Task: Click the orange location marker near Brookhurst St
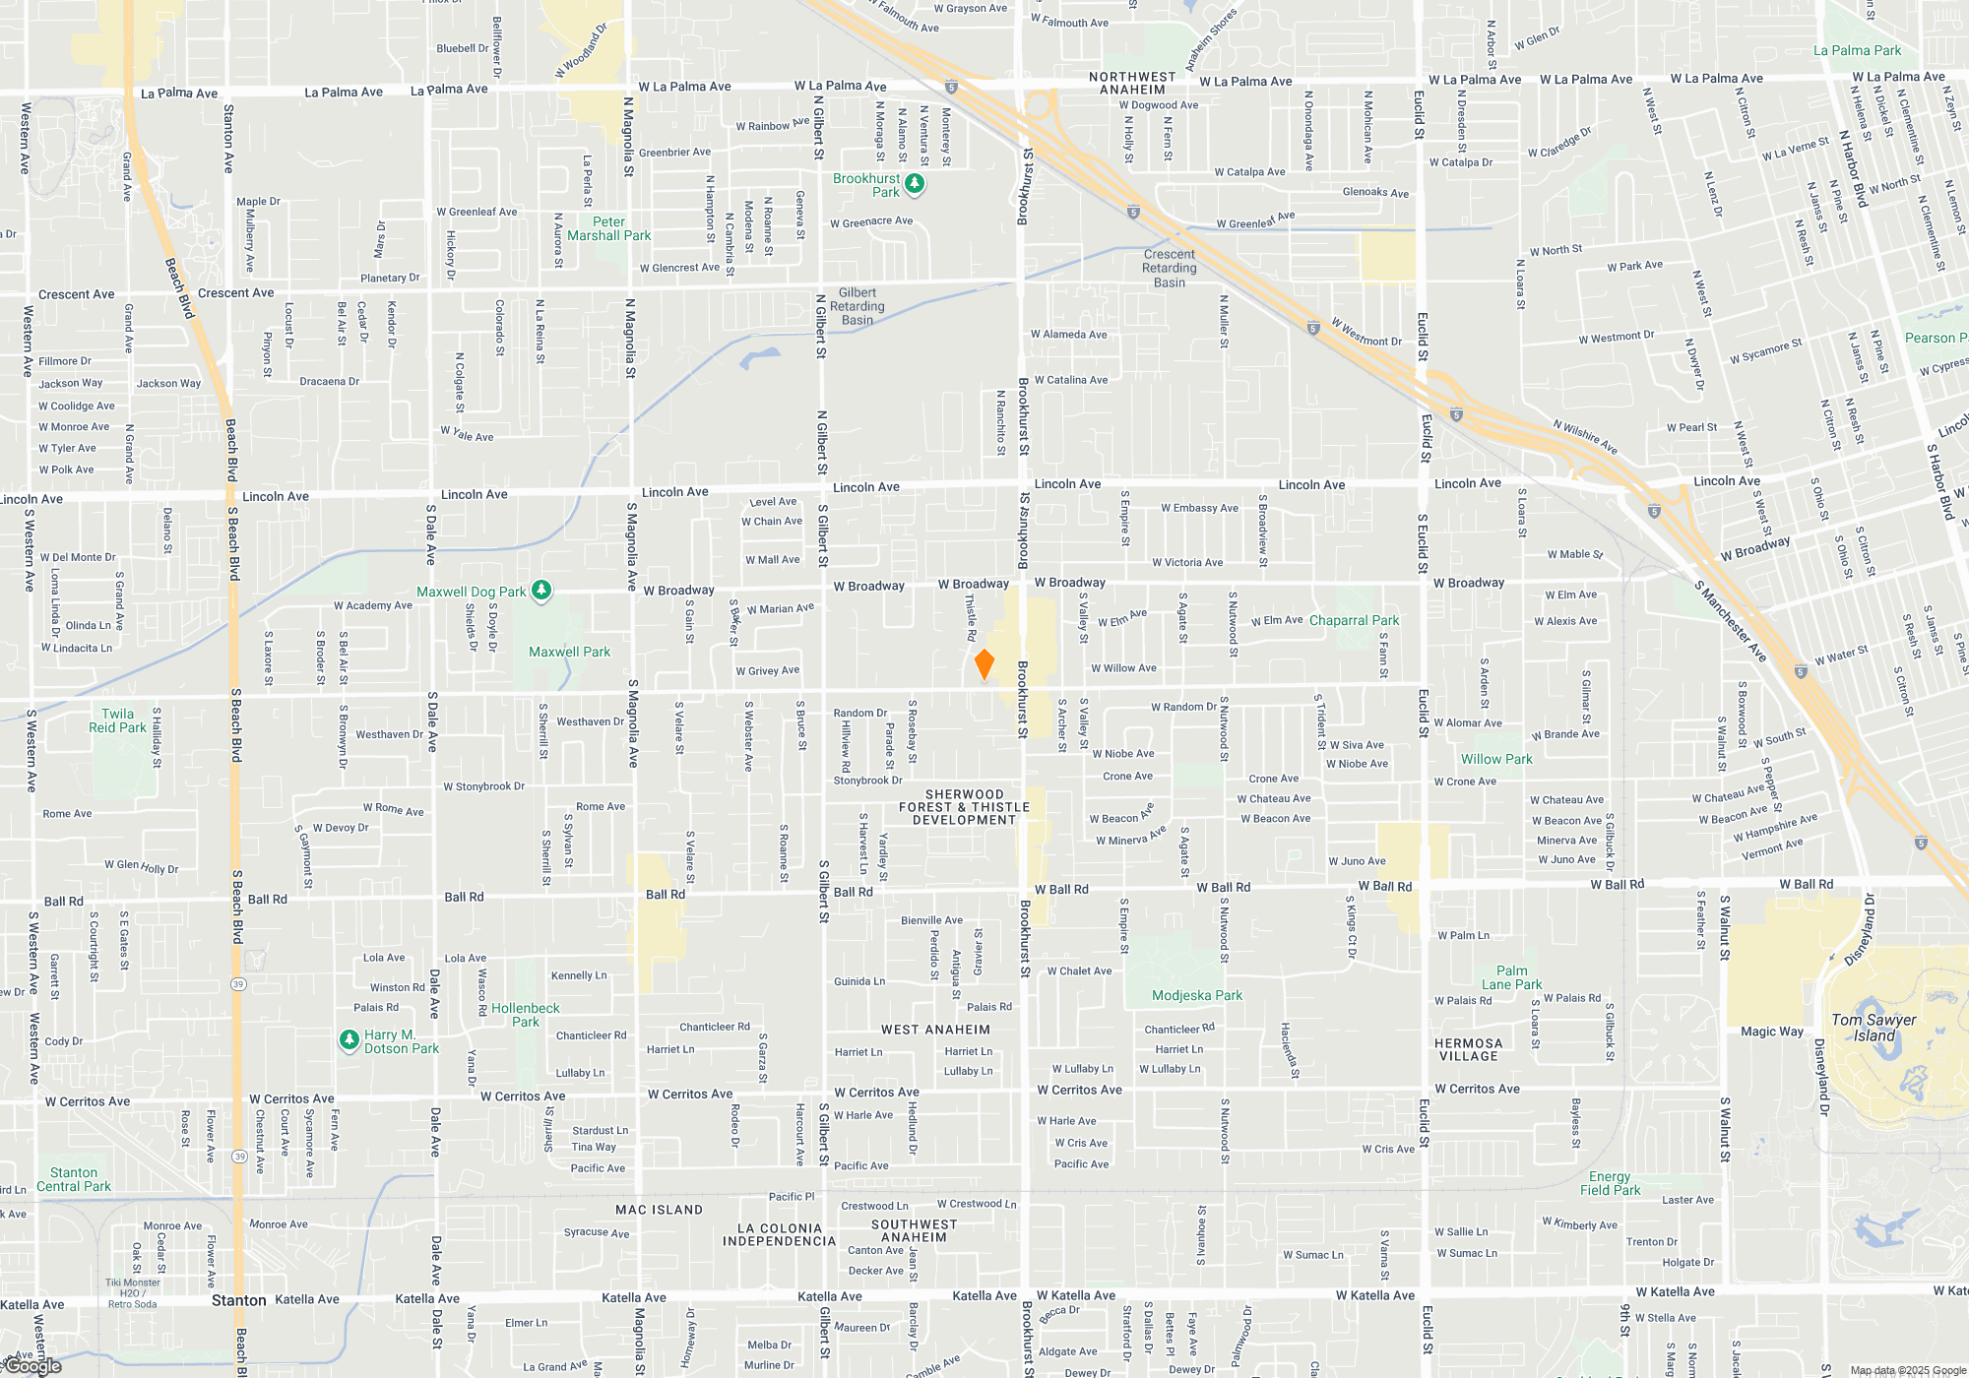[x=984, y=664]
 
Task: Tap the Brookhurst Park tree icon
[x=915, y=184]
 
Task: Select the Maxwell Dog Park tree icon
[x=541, y=591]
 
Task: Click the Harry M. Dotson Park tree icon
[x=349, y=1039]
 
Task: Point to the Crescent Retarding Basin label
[x=1170, y=268]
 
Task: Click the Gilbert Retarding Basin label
[x=857, y=306]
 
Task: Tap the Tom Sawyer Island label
[x=1874, y=1028]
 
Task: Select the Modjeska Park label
[x=1197, y=995]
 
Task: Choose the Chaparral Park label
[x=1354, y=620]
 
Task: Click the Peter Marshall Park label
[x=608, y=228]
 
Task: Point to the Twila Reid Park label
[x=117, y=720]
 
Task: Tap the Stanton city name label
[x=238, y=1300]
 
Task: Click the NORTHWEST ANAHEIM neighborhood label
[x=1132, y=83]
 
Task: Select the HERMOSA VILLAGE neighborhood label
[x=1468, y=1049]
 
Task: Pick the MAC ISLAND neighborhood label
[x=659, y=1210]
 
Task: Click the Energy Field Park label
[x=1610, y=1183]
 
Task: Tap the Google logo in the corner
[x=33, y=1366]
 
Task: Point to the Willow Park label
[x=1496, y=759]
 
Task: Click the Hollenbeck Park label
[x=525, y=1015]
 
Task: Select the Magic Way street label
[x=1771, y=1032]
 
